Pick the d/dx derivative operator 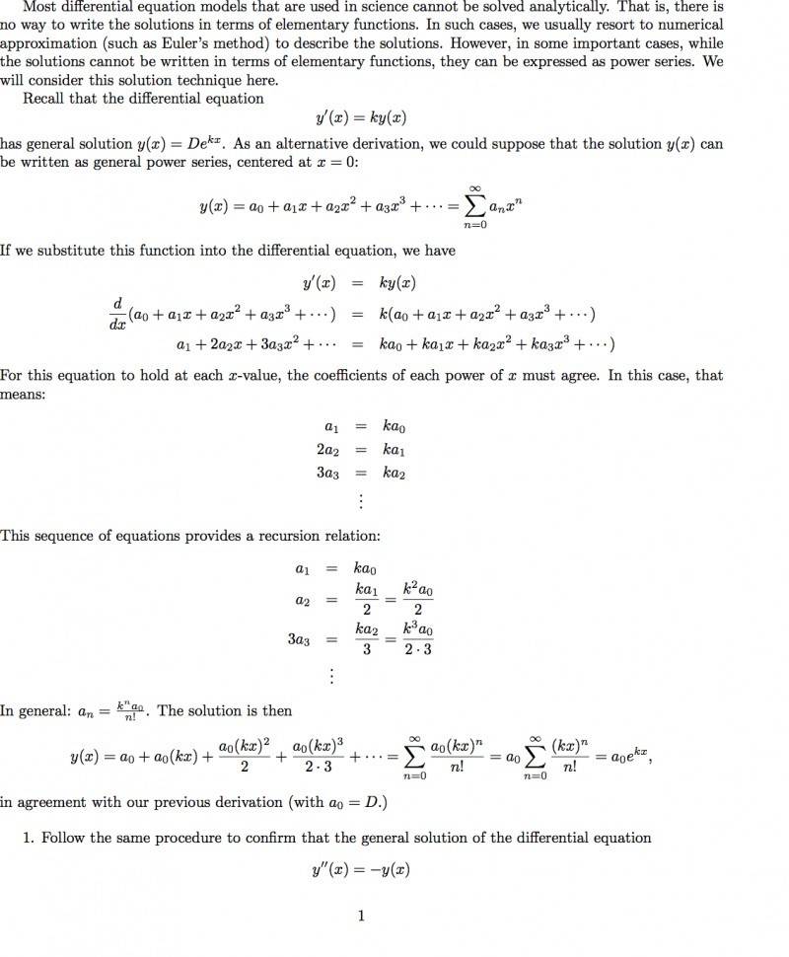click(x=117, y=314)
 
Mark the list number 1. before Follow click(x=30, y=838)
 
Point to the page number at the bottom click(x=361, y=916)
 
